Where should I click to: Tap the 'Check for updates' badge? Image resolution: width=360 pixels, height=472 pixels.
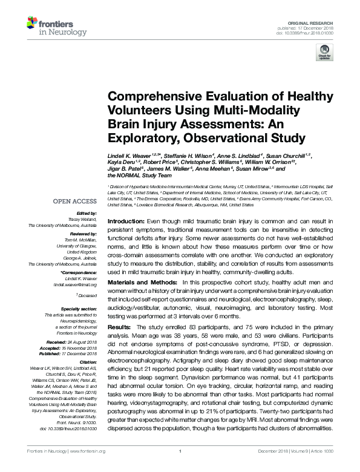(x=324, y=55)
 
